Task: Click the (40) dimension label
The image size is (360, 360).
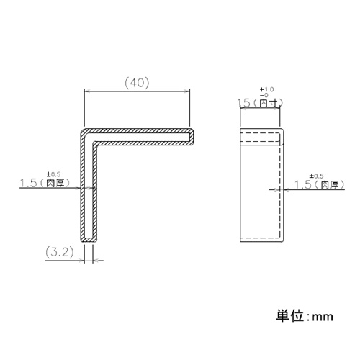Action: [138, 83]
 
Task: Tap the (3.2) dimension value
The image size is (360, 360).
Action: [60, 252]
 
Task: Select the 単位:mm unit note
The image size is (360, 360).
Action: [305, 316]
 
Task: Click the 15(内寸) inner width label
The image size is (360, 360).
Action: [260, 103]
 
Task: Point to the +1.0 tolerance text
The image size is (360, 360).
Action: [266, 89]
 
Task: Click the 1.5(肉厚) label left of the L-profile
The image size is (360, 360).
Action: [45, 183]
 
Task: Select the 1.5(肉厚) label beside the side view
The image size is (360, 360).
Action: [320, 185]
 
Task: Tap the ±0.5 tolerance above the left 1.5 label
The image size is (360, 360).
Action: [54, 174]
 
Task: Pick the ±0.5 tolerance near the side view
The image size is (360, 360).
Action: [316, 176]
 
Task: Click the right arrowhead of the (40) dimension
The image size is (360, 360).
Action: [187, 91]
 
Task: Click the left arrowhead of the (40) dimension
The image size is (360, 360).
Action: [87, 91]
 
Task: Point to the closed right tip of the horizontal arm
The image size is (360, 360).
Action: [193, 137]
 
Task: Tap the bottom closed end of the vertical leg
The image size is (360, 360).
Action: [89, 240]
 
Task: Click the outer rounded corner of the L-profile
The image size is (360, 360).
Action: [82, 131]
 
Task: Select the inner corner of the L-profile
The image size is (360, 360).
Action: [94, 143]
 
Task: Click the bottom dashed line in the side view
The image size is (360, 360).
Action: [260, 238]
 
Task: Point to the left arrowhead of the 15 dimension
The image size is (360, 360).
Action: [243, 109]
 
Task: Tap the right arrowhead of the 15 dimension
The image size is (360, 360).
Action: [277, 109]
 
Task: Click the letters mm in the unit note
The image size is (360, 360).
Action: [323, 317]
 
